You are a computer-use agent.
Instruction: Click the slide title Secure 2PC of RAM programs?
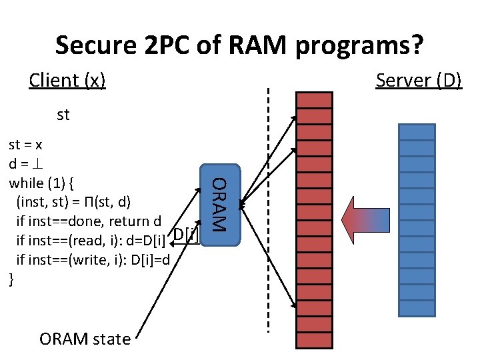tap(239, 45)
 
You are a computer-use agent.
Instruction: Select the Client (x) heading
tap(67, 81)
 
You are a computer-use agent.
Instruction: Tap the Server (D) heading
tap(418, 81)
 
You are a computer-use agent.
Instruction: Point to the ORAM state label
tap(85, 339)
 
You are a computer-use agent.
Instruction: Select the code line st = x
tap(24, 145)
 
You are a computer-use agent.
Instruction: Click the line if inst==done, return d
tap(88, 220)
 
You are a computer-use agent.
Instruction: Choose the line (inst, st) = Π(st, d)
tap(73, 201)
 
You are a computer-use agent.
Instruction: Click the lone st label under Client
tap(63, 115)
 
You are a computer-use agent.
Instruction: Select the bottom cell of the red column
tap(314, 340)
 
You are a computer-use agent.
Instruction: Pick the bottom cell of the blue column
tap(416, 307)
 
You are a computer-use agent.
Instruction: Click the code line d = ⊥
tap(23, 163)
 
